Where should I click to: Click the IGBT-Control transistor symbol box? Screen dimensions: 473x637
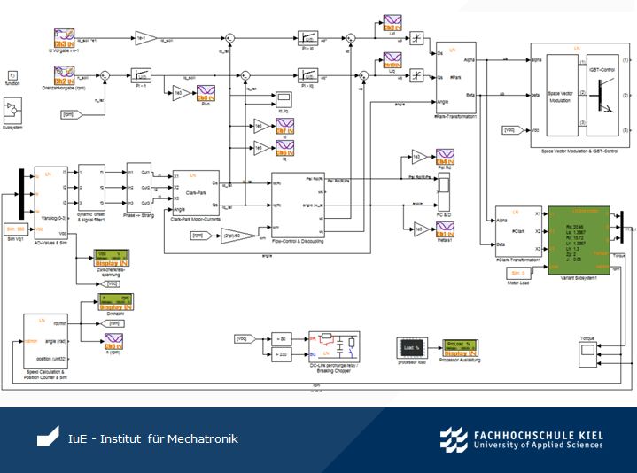[x=604, y=93]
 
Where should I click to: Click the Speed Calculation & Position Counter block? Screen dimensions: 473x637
[x=50, y=341]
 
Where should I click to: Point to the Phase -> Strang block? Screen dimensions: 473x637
[x=138, y=188]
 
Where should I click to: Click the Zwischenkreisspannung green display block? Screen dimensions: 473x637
[x=113, y=258]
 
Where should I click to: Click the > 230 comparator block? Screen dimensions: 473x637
[x=281, y=354]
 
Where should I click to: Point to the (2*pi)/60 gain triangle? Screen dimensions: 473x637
[x=236, y=237]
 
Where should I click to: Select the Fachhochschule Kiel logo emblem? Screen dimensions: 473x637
[x=454, y=439]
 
